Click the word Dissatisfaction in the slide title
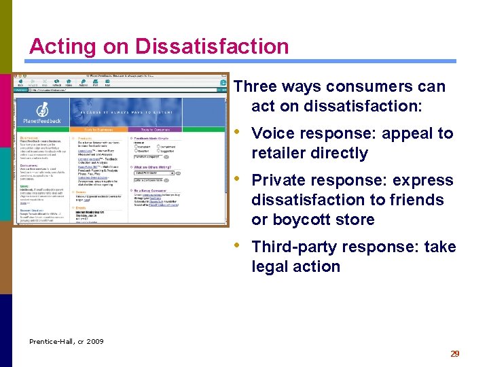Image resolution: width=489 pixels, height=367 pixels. click(x=212, y=46)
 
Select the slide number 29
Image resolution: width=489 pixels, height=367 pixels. click(x=455, y=353)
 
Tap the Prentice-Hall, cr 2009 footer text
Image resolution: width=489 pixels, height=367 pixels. click(x=67, y=341)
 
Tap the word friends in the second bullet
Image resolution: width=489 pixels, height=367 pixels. click(x=415, y=200)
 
